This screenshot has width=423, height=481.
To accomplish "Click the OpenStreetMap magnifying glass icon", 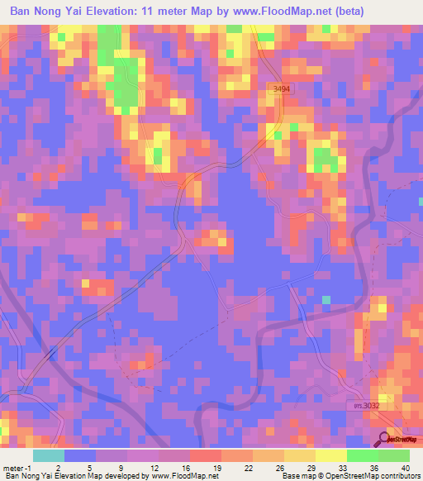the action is coord(385,440).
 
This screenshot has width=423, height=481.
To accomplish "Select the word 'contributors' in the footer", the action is coord(398,476).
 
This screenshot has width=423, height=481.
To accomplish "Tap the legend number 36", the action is coord(375,468).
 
